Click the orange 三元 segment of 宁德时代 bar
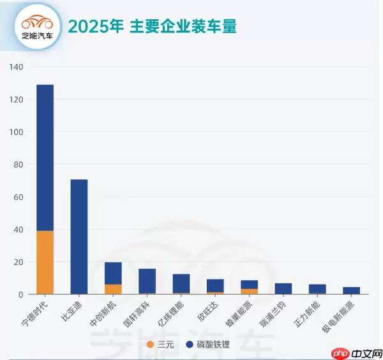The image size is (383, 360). [x=45, y=262]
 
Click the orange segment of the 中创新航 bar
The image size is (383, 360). [x=113, y=289]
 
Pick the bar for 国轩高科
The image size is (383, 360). [x=147, y=281]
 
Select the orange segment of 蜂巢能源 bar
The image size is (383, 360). [x=250, y=291]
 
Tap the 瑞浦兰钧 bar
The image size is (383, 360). [x=283, y=289]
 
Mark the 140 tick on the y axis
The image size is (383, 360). [x=17, y=67]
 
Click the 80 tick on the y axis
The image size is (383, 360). [x=19, y=165]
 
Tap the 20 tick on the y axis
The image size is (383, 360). [x=19, y=262]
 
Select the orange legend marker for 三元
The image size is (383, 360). [x=150, y=345]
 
